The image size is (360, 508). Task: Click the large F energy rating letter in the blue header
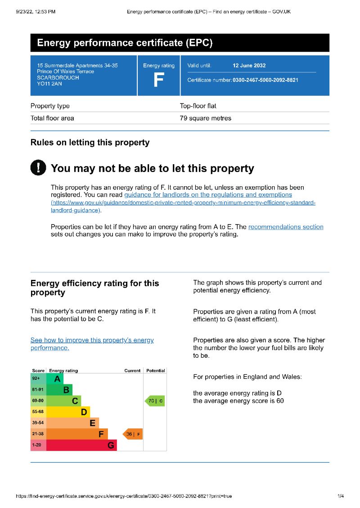click(x=158, y=80)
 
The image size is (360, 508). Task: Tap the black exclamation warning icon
click(x=38, y=168)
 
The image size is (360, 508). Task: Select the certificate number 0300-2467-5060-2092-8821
click(x=265, y=80)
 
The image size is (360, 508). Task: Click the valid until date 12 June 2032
click(x=249, y=66)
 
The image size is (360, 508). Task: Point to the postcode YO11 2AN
click(x=49, y=84)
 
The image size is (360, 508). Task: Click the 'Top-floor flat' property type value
click(x=198, y=106)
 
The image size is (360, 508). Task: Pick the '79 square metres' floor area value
click(x=205, y=118)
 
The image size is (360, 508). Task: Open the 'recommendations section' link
click(x=286, y=227)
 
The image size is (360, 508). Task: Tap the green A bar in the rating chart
click(x=55, y=379)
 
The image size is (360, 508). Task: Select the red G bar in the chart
click(x=81, y=445)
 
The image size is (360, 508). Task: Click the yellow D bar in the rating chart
click(x=68, y=412)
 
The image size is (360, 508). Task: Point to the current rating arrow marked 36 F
click(x=133, y=434)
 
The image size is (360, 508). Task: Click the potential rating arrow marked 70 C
click(x=155, y=400)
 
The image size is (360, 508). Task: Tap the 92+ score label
click(x=36, y=378)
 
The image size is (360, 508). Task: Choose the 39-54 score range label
click(x=38, y=423)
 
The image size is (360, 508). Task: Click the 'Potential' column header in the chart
click(x=156, y=371)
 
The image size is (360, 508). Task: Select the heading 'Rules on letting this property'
click(x=90, y=143)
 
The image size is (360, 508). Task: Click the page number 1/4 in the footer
click(x=341, y=496)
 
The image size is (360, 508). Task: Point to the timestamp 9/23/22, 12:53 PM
click(x=36, y=12)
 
